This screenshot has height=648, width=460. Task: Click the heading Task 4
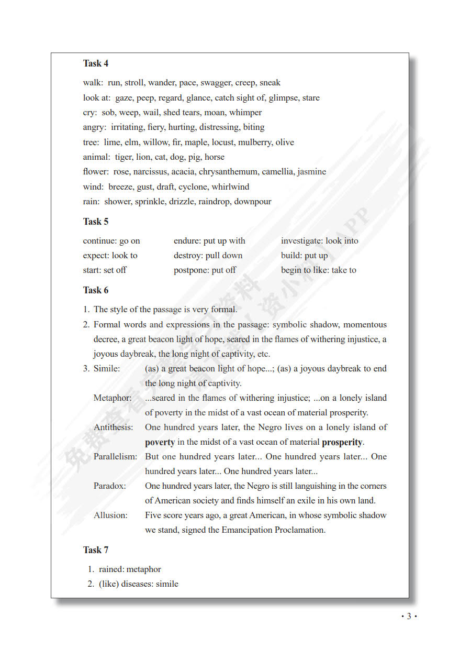click(x=96, y=63)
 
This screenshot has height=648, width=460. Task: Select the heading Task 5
click(x=96, y=222)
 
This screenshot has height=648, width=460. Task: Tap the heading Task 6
click(x=96, y=290)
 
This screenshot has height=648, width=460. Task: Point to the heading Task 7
click(x=96, y=550)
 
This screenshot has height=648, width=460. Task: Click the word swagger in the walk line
click(x=216, y=83)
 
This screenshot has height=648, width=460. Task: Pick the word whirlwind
click(x=230, y=187)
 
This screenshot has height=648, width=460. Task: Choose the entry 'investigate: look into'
click(x=319, y=241)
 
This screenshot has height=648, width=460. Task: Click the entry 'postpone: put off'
click(x=205, y=270)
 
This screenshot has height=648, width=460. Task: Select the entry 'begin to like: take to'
click(x=318, y=270)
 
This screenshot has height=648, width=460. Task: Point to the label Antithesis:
click(x=114, y=427)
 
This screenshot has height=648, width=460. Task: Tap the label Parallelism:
click(x=115, y=457)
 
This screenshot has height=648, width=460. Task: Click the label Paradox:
click(x=110, y=486)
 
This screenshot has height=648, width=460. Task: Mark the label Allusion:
click(x=110, y=515)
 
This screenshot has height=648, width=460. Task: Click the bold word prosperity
click(x=342, y=442)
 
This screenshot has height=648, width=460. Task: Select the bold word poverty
click(x=160, y=442)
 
